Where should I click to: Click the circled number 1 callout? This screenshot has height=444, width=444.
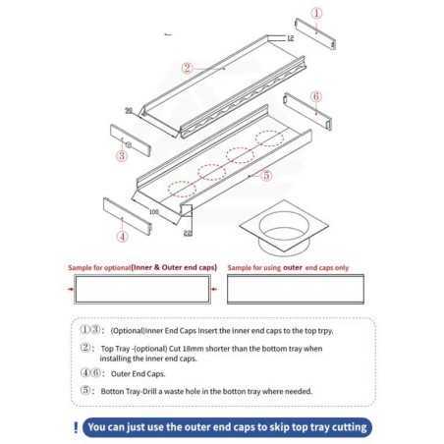pyautogui.click(x=315, y=13)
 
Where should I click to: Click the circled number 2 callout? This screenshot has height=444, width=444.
pyautogui.click(x=187, y=69)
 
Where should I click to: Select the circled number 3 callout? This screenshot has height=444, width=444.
pyautogui.click(x=122, y=155)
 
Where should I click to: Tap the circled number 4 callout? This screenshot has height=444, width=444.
pyautogui.click(x=122, y=237)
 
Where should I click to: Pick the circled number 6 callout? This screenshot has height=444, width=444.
pyautogui.click(x=316, y=96)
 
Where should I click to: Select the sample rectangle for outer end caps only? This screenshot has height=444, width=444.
pyautogui.click(x=297, y=290)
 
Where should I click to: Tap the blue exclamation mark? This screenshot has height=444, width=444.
pyautogui.click(x=77, y=427)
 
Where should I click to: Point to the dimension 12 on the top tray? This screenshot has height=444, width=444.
pyautogui.click(x=290, y=37)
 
